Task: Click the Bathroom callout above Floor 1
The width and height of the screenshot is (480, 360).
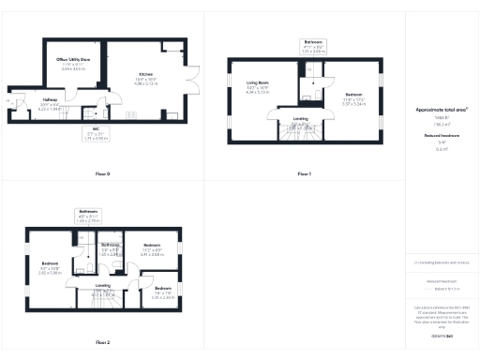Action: (313, 46)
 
